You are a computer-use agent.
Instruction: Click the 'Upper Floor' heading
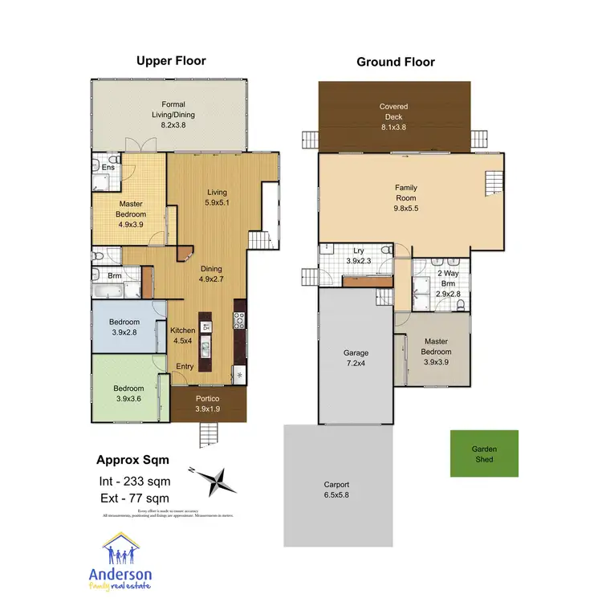[x=171, y=61]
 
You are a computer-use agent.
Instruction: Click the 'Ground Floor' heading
[x=395, y=61]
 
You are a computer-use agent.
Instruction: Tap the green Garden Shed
[x=483, y=454]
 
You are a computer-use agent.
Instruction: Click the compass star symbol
[x=215, y=482]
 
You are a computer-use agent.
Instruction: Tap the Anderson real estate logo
[x=124, y=564]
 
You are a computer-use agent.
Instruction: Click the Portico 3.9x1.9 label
[x=207, y=404]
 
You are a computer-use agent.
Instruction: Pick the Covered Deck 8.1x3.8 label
[x=393, y=116]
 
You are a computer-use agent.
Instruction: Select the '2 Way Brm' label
[x=446, y=279]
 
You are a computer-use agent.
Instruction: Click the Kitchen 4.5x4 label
[x=183, y=335]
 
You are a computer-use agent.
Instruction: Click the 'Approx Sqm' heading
[x=133, y=461]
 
